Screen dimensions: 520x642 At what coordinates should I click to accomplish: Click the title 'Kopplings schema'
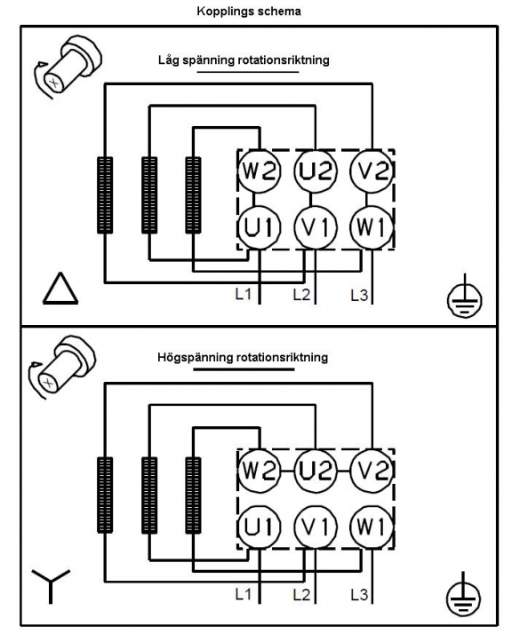(249, 11)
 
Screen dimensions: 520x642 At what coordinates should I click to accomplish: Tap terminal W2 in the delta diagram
(260, 170)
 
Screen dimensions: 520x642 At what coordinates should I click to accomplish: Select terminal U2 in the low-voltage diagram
(316, 170)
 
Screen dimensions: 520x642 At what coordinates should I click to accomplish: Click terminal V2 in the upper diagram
(372, 170)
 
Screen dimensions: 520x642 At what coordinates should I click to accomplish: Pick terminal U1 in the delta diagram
(260, 227)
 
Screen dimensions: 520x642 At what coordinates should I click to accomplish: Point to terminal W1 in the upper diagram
(372, 227)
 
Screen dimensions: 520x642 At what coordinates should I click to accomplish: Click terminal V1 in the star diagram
(316, 527)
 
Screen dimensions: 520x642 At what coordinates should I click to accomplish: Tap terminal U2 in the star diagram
(316, 471)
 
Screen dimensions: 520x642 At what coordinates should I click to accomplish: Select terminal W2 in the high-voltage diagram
(260, 471)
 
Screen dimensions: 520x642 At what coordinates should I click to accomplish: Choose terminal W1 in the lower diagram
(372, 527)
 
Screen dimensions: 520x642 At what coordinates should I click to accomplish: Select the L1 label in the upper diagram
(243, 294)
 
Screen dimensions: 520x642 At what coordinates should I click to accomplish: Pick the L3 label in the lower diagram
(359, 595)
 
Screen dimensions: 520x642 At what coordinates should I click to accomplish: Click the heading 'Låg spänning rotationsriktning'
(244, 60)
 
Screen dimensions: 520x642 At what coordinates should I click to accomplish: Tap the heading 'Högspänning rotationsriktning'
(243, 358)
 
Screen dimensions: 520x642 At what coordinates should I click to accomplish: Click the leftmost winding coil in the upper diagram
(105, 195)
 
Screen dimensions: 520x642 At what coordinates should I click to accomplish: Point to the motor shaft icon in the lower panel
(61, 367)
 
